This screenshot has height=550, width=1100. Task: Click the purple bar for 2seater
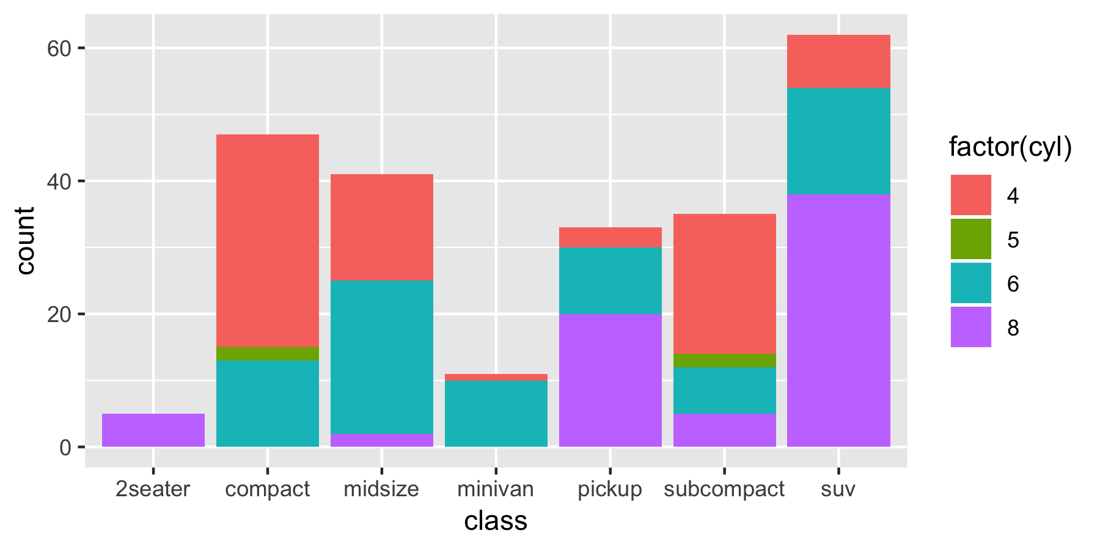[x=153, y=430]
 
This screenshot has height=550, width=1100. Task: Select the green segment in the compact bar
[x=268, y=354]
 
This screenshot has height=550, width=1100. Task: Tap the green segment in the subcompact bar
[x=725, y=361]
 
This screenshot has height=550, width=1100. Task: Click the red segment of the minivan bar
[x=496, y=378]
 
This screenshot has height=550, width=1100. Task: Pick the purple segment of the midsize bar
[x=382, y=440]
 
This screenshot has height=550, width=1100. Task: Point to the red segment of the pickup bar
[x=610, y=238]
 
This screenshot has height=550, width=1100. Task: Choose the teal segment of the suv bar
[x=838, y=141]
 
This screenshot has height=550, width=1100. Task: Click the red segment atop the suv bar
[x=838, y=62]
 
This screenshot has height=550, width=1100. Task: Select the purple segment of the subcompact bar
[x=725, y=430]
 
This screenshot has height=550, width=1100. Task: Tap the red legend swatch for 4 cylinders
[x=970, y=195]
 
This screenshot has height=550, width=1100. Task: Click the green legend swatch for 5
[x=970, y=239]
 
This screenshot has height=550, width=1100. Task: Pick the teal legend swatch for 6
[x=970, y=283]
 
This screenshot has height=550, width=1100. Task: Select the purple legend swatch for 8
[x=970, y=327]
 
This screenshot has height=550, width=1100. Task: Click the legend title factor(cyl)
[x=1010, y=147]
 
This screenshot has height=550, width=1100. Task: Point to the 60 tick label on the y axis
[x=59, y=48]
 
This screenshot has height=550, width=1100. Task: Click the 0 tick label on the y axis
[x=65, y=447]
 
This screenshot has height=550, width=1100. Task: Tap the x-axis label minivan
[x=496, y=489]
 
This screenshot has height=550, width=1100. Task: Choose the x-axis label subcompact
[x=724, y=489]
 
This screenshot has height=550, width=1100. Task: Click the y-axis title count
[x=26, y=241]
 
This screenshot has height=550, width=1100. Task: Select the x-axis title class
[x=496, y=521]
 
